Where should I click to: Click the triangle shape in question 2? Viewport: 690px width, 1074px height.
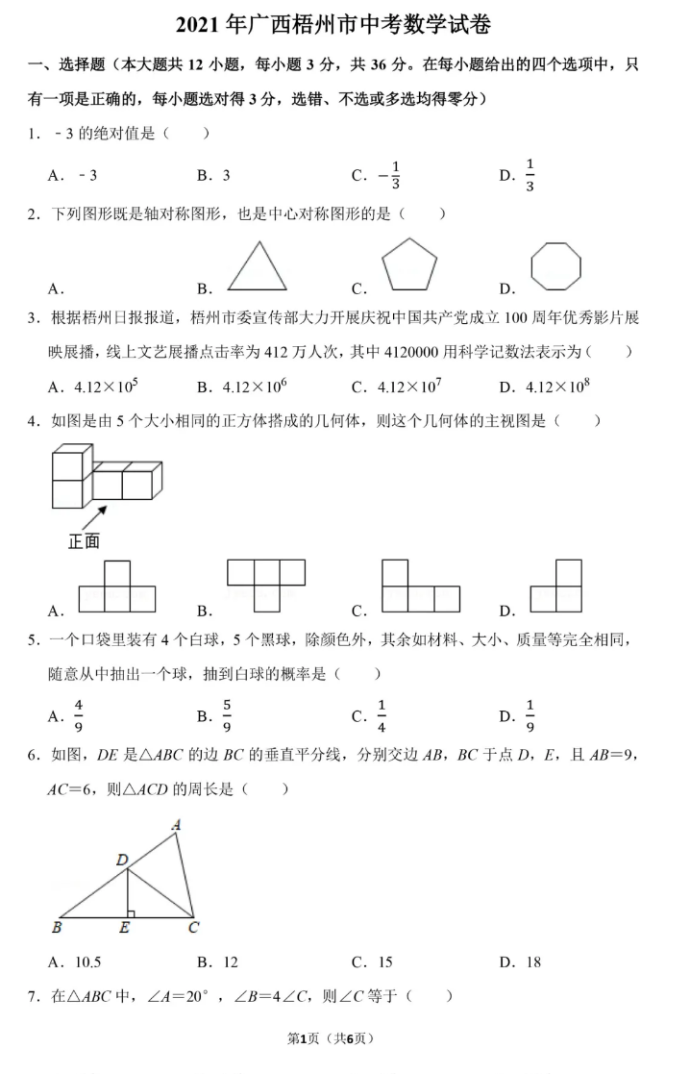point(257,267)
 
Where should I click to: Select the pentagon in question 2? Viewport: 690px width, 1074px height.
point(408,264)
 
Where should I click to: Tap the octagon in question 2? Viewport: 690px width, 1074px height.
point(556,265)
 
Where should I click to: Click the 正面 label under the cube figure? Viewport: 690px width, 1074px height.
point(84,541)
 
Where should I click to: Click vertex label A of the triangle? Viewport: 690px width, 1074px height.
point(176,824)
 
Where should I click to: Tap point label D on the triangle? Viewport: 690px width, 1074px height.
point(122,860)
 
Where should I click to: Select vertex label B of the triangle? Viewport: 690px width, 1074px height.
point(57,928)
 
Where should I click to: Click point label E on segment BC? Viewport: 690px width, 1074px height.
point(125,929)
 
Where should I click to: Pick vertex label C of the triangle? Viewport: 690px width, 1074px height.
point(194,928)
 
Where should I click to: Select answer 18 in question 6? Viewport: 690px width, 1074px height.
point(532,962)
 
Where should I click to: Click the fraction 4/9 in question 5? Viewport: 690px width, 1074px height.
point(79,714)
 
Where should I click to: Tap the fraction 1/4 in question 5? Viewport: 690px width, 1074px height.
point(382,714)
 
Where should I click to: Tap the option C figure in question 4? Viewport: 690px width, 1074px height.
point(420,587)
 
